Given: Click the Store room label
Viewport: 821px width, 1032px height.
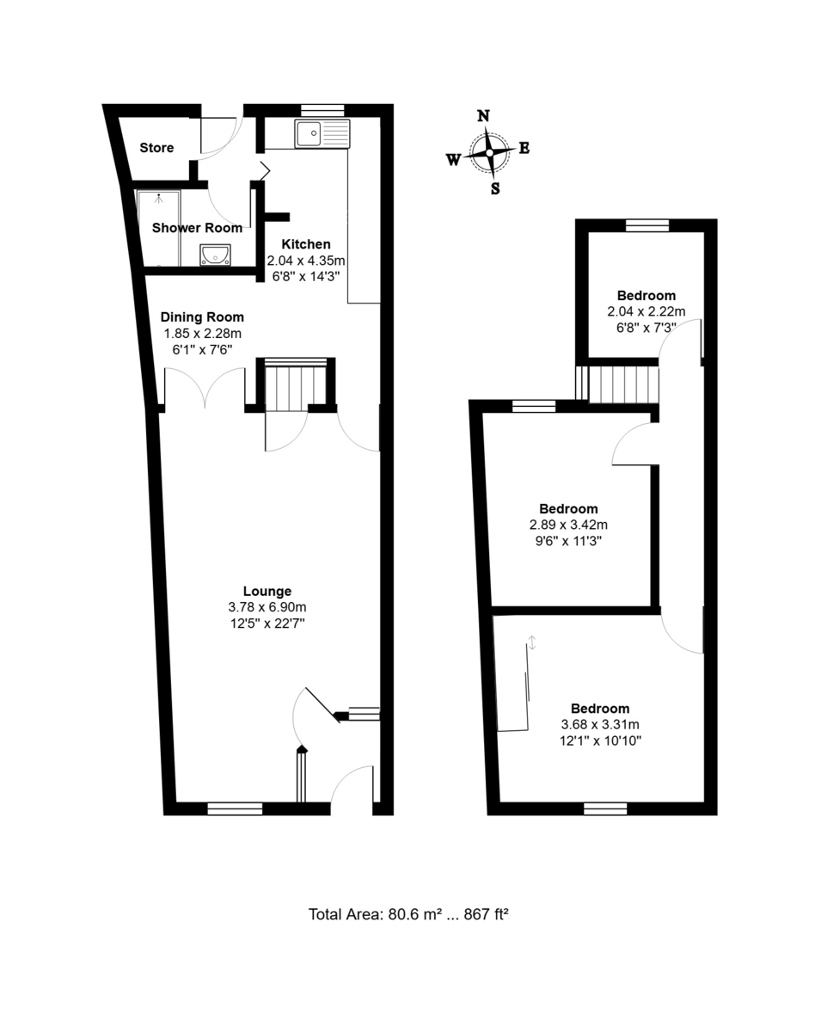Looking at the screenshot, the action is click(x=156, y=148).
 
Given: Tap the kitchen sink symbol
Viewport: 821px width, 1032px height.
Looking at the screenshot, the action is click(x=322, y=133).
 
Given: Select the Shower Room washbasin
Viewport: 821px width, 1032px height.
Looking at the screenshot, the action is click(x=215, y=255).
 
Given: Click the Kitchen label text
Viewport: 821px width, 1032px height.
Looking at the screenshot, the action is click(x=305, y=244).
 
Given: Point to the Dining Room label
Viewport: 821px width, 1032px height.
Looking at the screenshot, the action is click(x=202, y=317).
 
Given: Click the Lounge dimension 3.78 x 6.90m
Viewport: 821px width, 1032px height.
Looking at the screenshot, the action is click(x=267, y=607).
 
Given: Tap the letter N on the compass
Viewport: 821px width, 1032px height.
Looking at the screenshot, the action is click(x=483, y=116).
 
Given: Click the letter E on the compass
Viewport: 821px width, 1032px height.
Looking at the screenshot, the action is click(x=524, y=148).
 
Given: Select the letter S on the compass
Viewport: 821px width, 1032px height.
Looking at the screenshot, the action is click(x=495, y=189).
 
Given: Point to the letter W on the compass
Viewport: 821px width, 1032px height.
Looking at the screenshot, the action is click(x=453, y=160).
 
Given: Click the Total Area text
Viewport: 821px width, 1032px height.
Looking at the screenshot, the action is click(x=408, y=914).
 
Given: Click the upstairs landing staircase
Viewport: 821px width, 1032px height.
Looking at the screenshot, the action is click(x=617, y=384).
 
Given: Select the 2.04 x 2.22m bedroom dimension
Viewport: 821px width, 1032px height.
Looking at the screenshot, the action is click(x=646, y=311).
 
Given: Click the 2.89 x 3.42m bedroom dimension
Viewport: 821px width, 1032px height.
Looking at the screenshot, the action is click(x=568, y=525).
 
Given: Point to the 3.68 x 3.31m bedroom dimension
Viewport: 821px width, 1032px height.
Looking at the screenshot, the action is click(x=600, y=725).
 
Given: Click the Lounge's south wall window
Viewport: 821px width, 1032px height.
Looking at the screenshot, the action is click(x=235, y=808).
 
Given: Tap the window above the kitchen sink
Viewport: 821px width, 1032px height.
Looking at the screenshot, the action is click(x=322, y=110).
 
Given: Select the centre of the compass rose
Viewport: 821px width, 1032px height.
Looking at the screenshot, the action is click(x=489, y=153).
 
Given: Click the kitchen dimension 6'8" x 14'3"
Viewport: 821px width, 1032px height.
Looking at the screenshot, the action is click(x=306, y=277).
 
